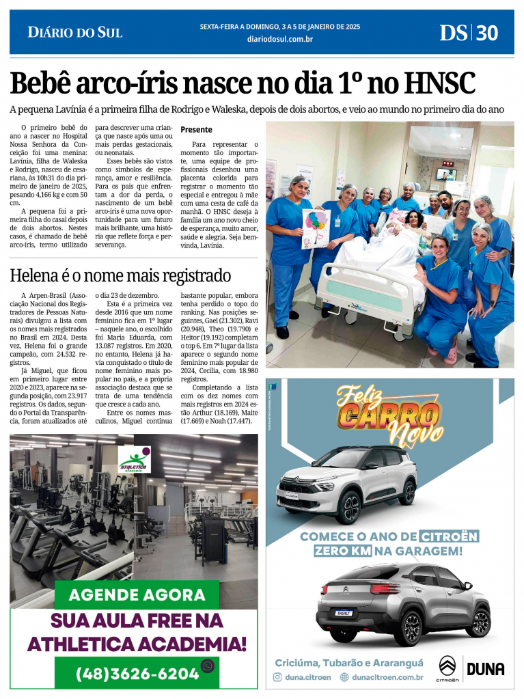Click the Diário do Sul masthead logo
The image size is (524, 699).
point(74,31)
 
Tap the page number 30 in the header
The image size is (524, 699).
point(487,32)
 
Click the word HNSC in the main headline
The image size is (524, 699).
point(439,83)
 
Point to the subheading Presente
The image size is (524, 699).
point(196,129)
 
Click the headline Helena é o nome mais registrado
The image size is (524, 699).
point(120,275)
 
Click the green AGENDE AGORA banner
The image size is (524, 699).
point(137,594)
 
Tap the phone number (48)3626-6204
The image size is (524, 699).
point(137,673)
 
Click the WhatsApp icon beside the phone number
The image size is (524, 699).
point(208,666)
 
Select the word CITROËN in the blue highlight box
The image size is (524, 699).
point(449,536)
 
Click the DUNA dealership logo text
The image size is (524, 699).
point(486,669)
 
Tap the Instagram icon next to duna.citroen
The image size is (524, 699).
point(277,677)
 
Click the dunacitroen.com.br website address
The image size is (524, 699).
point(387,677)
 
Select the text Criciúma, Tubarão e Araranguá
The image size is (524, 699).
point(348,663)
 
